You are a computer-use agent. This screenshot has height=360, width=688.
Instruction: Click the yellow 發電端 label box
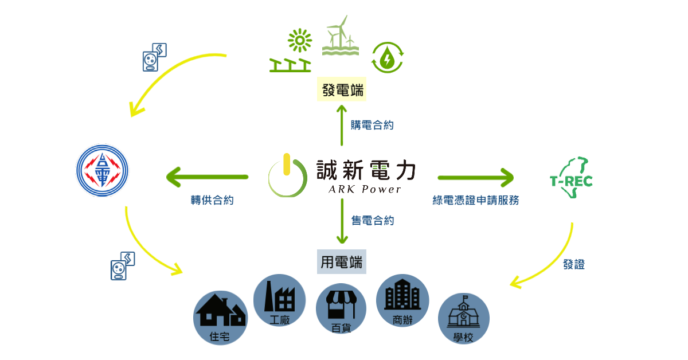[342, 91]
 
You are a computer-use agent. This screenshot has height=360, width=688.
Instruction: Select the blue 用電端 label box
[342, 263]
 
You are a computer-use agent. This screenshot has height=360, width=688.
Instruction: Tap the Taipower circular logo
[103, 171]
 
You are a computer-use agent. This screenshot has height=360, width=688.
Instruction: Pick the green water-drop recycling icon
[388, 57]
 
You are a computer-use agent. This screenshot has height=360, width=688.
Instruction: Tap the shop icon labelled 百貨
[341, 310]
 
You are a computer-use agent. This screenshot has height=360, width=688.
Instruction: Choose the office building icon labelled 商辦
[402, 300]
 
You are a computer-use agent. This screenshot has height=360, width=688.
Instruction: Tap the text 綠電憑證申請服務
[475, 201]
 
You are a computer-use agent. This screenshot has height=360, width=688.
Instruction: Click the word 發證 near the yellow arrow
[573, 265]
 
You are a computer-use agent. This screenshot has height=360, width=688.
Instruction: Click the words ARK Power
[365, 190]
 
